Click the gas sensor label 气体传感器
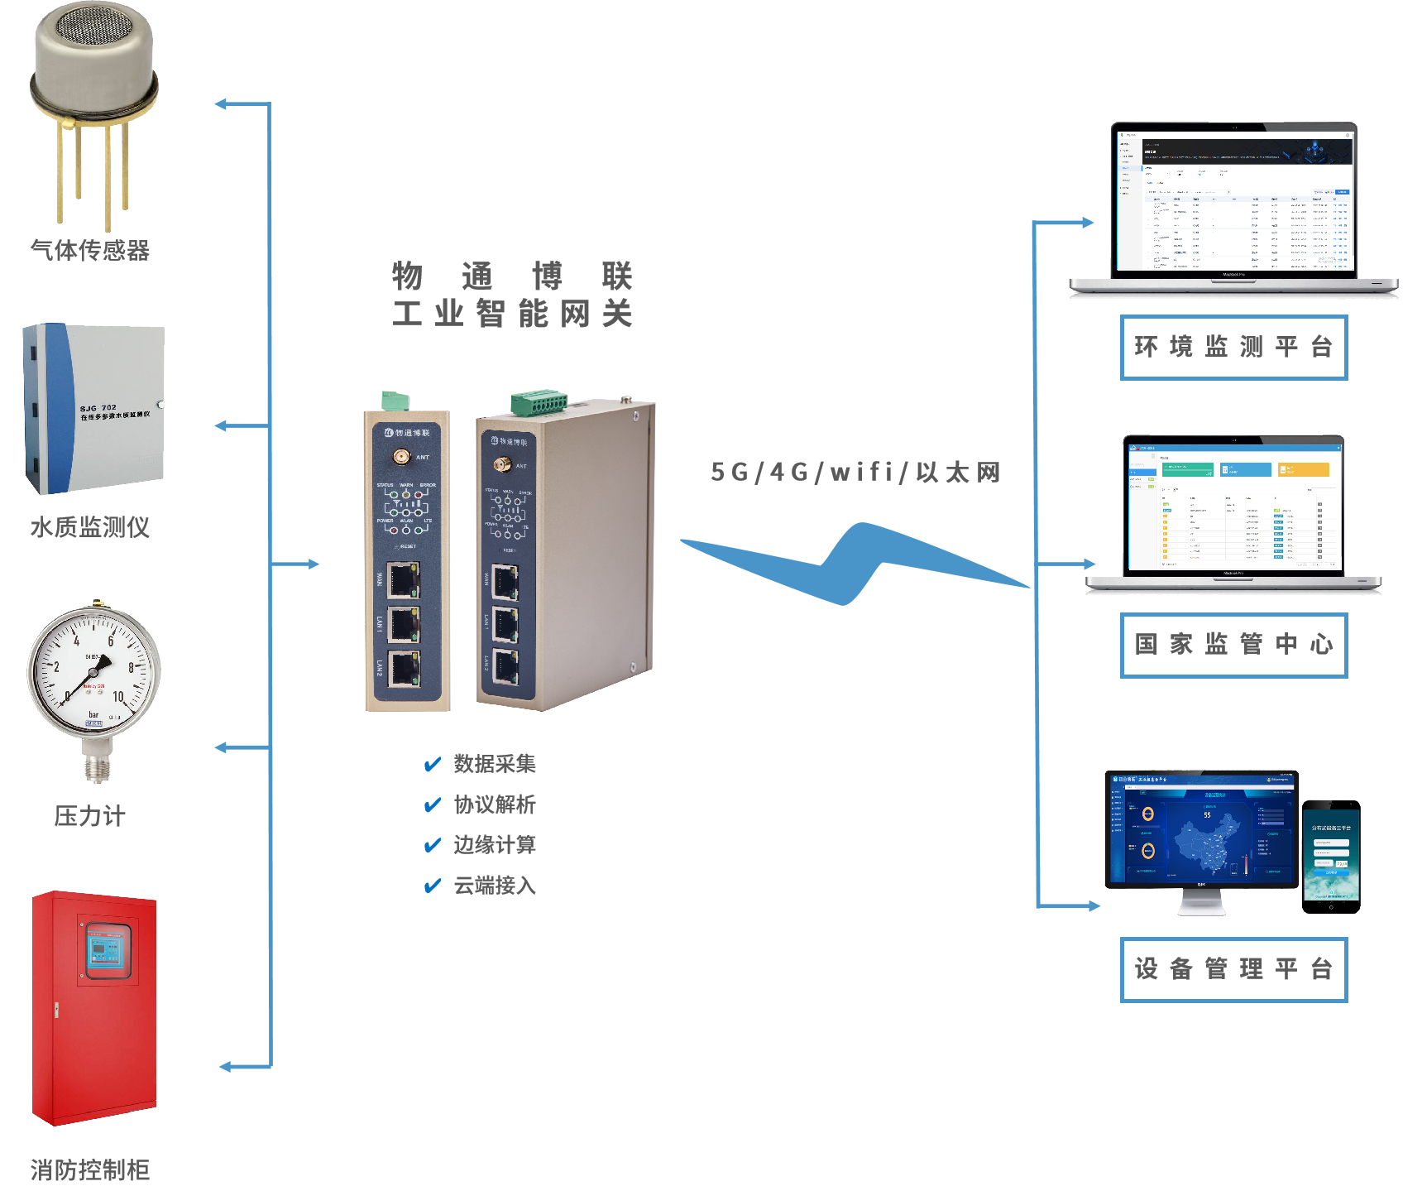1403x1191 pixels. (90, 250)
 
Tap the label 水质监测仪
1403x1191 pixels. (90, 527)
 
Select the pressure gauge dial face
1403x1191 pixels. (93, 670)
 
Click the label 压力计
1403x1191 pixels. (90, 816)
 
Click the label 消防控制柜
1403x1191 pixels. (90, 1169)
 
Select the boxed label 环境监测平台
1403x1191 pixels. (1233, 348)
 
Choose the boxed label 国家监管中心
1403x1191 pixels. (1233, 646)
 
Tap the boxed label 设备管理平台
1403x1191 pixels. (1233, 970)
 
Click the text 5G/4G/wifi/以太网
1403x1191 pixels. (856, 473)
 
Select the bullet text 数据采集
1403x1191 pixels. (495, 764)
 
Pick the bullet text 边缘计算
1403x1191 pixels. (495, 845)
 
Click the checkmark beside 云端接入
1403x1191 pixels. (432, 886)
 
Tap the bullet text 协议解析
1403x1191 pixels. (495, 804)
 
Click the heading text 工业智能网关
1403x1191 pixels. (512, 314)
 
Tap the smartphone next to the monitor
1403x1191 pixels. (1331, 855)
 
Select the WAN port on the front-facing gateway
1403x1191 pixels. (404, 579)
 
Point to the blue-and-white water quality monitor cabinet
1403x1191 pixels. (94, 408)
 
